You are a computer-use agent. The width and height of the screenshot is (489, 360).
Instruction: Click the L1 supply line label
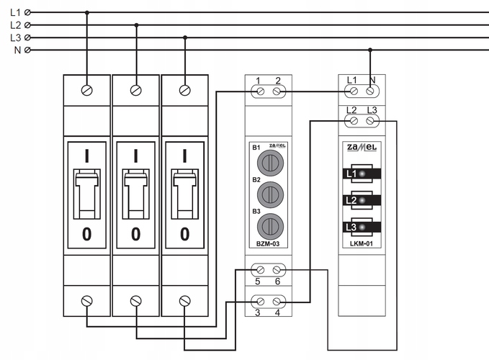tap(15, 12)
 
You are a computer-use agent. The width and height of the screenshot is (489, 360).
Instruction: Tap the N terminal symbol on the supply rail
tap(27, 50)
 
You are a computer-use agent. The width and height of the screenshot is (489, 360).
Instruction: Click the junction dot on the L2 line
tap(136, 25)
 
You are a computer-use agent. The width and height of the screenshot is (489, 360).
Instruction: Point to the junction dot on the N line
tap(370, 50)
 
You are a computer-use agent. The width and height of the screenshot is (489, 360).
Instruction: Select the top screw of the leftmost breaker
tap(86, 91)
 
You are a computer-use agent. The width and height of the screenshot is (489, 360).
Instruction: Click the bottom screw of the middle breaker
tap(136, 301)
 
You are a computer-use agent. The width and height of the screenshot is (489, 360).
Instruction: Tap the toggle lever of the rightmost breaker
tap(185, 194)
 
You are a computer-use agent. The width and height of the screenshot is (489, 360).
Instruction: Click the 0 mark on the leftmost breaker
tap(86, 234)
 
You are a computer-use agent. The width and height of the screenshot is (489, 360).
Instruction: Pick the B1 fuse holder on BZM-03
tap(270, 163)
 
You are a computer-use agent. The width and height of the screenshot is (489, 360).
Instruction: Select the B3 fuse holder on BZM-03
tap(270, 227)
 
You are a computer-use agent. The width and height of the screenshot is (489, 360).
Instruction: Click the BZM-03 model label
tap(268, 244)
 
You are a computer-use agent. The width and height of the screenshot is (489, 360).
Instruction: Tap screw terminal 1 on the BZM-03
tap(260, 91)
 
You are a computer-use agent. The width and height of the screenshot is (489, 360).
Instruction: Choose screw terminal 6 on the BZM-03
tap(277, 270)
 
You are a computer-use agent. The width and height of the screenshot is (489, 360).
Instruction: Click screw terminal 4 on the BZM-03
tap(277, 302)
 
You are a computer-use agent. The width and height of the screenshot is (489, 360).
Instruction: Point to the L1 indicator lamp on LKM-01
tap(362, 174)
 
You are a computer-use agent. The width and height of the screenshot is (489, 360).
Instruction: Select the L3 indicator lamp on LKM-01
tap(362, 228)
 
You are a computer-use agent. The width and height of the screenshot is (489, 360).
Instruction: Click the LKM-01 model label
tap(362, 244)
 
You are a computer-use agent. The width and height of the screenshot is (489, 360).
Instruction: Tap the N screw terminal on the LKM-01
tap(370, 91)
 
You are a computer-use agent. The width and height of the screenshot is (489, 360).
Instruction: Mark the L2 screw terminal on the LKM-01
tap(354, 121)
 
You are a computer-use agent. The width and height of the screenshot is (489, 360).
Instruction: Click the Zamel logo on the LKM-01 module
tap(362, 147)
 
